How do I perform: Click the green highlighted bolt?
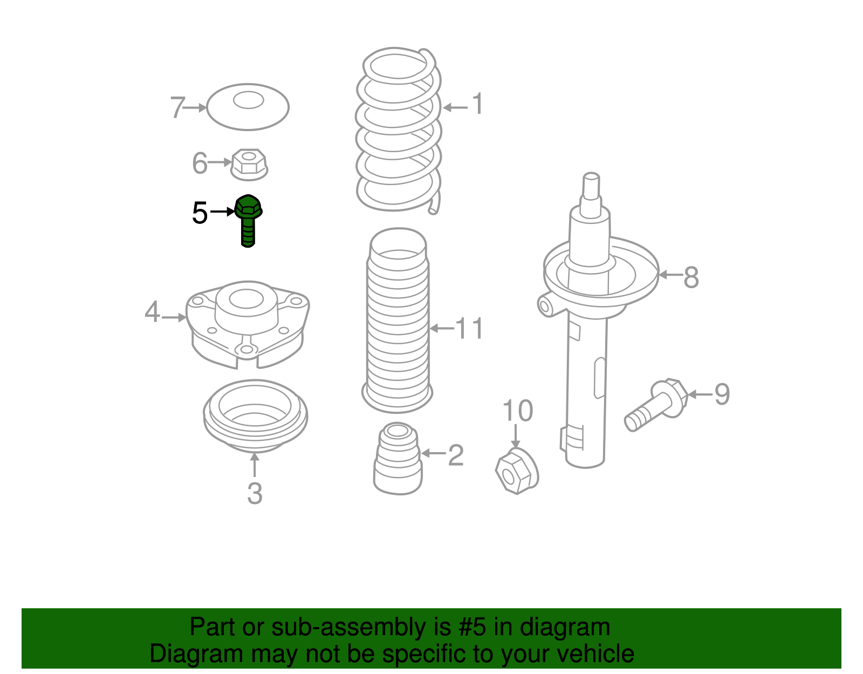click(248, 220)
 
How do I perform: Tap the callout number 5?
click(200, 213)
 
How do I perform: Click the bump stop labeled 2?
click(398, 458)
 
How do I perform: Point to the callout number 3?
click(255, 493)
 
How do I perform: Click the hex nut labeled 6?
click(249, 165)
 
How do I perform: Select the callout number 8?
click(691, 277)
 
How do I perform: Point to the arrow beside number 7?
click(195, 107)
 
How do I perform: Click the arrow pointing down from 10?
click(516, 436)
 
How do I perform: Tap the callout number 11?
click(469, 328)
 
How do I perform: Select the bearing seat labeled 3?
click(255, 416)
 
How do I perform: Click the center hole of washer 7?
click(248, 100)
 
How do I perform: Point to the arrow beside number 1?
click(455, 107)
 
